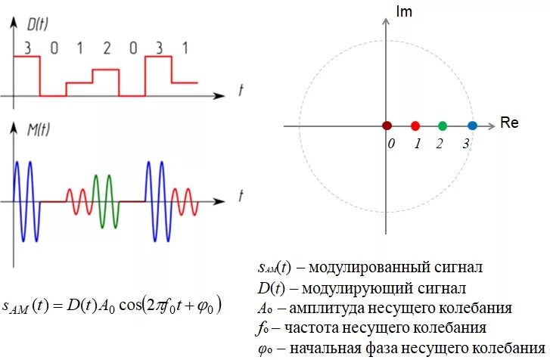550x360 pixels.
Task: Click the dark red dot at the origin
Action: tap(387, 126)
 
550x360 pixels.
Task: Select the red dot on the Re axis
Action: tap(415, 126)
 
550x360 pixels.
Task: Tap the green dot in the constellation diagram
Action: tap(443, 126)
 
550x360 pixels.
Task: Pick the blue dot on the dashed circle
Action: tap(472, 126)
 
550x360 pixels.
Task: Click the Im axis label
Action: tap(405, 11)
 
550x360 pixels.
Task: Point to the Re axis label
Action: tap(509, 123)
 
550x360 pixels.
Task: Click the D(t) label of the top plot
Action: tap(38, 25)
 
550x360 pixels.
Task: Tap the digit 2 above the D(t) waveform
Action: tap(107, 48)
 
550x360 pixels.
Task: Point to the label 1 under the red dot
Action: tap(417, 144)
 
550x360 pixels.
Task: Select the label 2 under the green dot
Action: tap(439, 144)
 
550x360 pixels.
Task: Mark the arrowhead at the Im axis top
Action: tap(387, 22)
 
